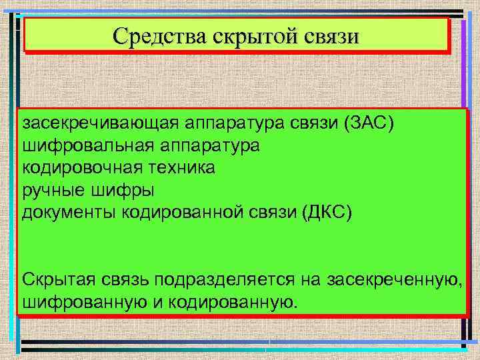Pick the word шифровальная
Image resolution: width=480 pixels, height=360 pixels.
coord(75,145)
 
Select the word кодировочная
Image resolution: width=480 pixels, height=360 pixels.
coord(75,167)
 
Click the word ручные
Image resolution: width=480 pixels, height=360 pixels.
coord(54,190)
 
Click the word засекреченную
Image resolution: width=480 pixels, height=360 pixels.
coord(395,279)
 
